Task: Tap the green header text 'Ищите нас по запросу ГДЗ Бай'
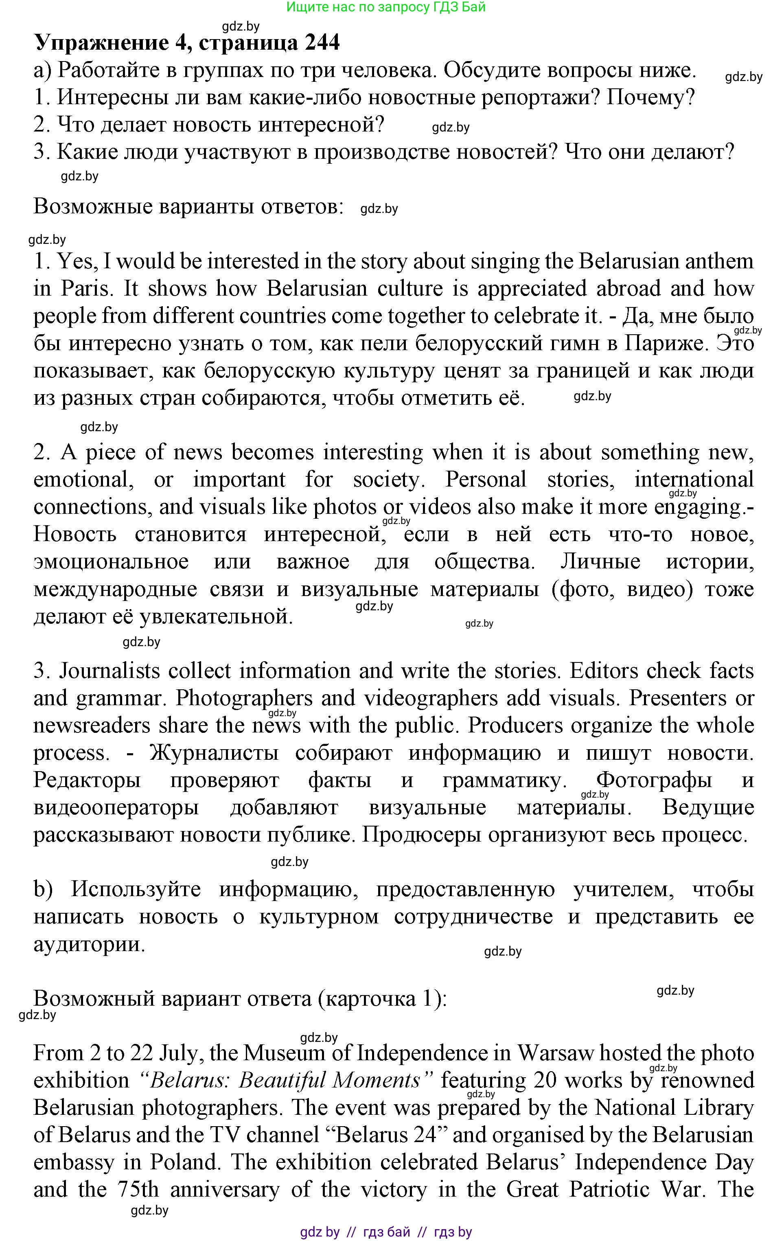coord(386,7)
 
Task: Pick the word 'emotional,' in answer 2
coord(84,480)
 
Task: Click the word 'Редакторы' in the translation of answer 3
coord(87,780)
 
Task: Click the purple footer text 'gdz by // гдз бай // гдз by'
coord(386,1232)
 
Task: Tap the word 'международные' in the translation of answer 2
coord(115,589)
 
